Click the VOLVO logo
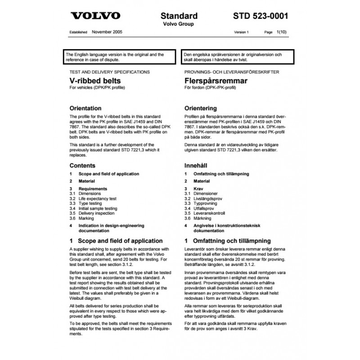click(x=96, y=16)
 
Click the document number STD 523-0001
click(x=261, y=16)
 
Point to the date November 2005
click(x=107, y=32)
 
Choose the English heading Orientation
click(x=86, y=108)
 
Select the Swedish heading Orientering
click(x=201, y=108)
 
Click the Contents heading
click(x=82, y=166)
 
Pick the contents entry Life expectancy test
click(x=97, y=198)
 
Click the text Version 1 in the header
click(x=241, y=33)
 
